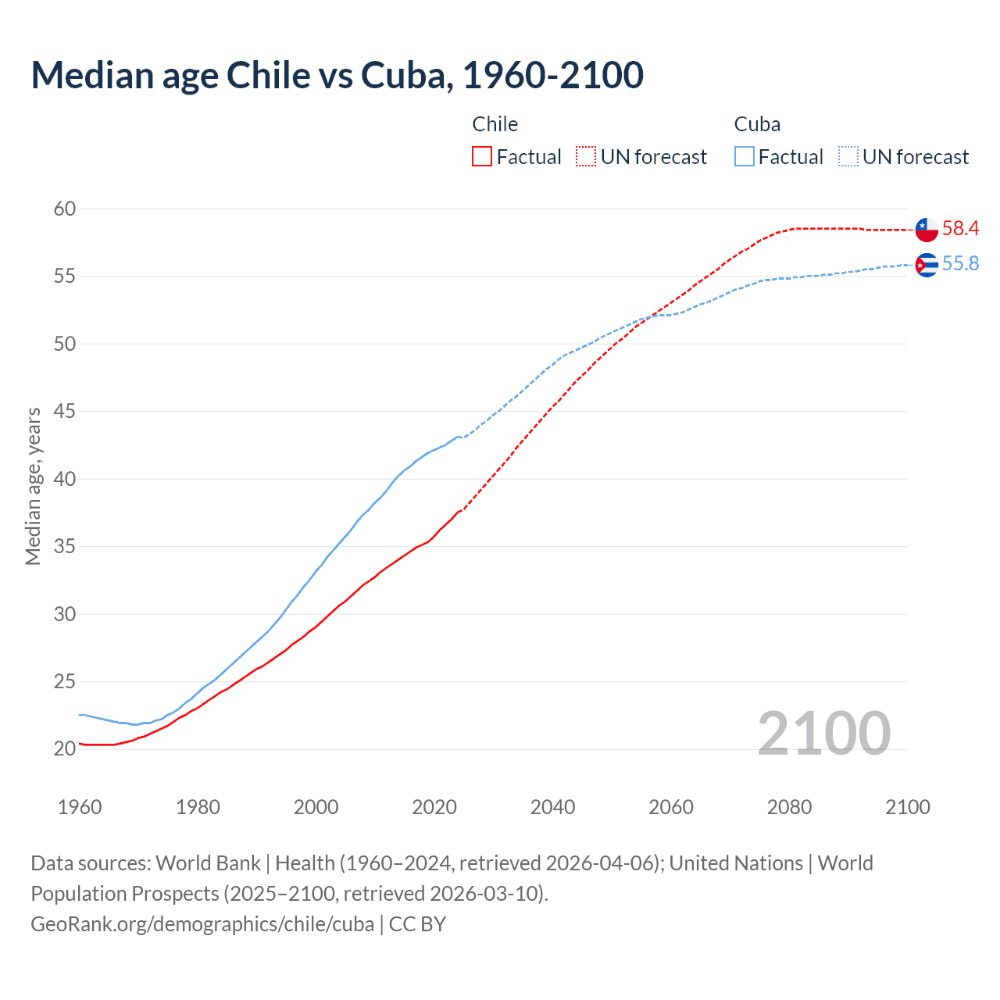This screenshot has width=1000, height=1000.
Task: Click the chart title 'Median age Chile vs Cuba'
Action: (x=337, y=75)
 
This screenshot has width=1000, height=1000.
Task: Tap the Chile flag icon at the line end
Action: (x=927, y=230)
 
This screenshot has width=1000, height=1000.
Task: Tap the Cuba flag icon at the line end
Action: (x=927, y=265)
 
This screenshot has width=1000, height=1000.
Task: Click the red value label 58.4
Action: (x=960, y=228)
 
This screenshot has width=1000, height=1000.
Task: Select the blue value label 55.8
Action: (x=960, y=264)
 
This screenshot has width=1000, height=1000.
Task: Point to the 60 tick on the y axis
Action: (x=65, y=209)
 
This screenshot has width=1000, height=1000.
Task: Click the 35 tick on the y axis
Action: (x=65, y=546)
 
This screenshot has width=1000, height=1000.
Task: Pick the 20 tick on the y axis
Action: (x=65, y=748)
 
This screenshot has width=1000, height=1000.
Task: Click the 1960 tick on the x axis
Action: (x=80, y=807)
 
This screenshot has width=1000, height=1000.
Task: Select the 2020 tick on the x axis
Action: (x=434, y=807)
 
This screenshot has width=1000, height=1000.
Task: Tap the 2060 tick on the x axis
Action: (x=671, y=807)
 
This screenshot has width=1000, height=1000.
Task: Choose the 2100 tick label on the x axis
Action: (x=908, y=807)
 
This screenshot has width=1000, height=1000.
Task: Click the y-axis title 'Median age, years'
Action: (x=33, y=486)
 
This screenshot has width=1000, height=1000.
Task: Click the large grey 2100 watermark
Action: (x=823, y=733)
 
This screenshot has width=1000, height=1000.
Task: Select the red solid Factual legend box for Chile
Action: (x=482, y=157)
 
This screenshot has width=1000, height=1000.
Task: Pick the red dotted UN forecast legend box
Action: (x=586, y=157)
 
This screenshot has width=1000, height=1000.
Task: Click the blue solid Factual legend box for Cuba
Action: (x=745, y=157)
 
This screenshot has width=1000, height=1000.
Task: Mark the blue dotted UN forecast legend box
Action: (x=848, y=157)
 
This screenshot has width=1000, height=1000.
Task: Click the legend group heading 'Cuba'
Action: (x=757, y=124)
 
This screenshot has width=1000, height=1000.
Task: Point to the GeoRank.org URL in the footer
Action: (x=202, y=923)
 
